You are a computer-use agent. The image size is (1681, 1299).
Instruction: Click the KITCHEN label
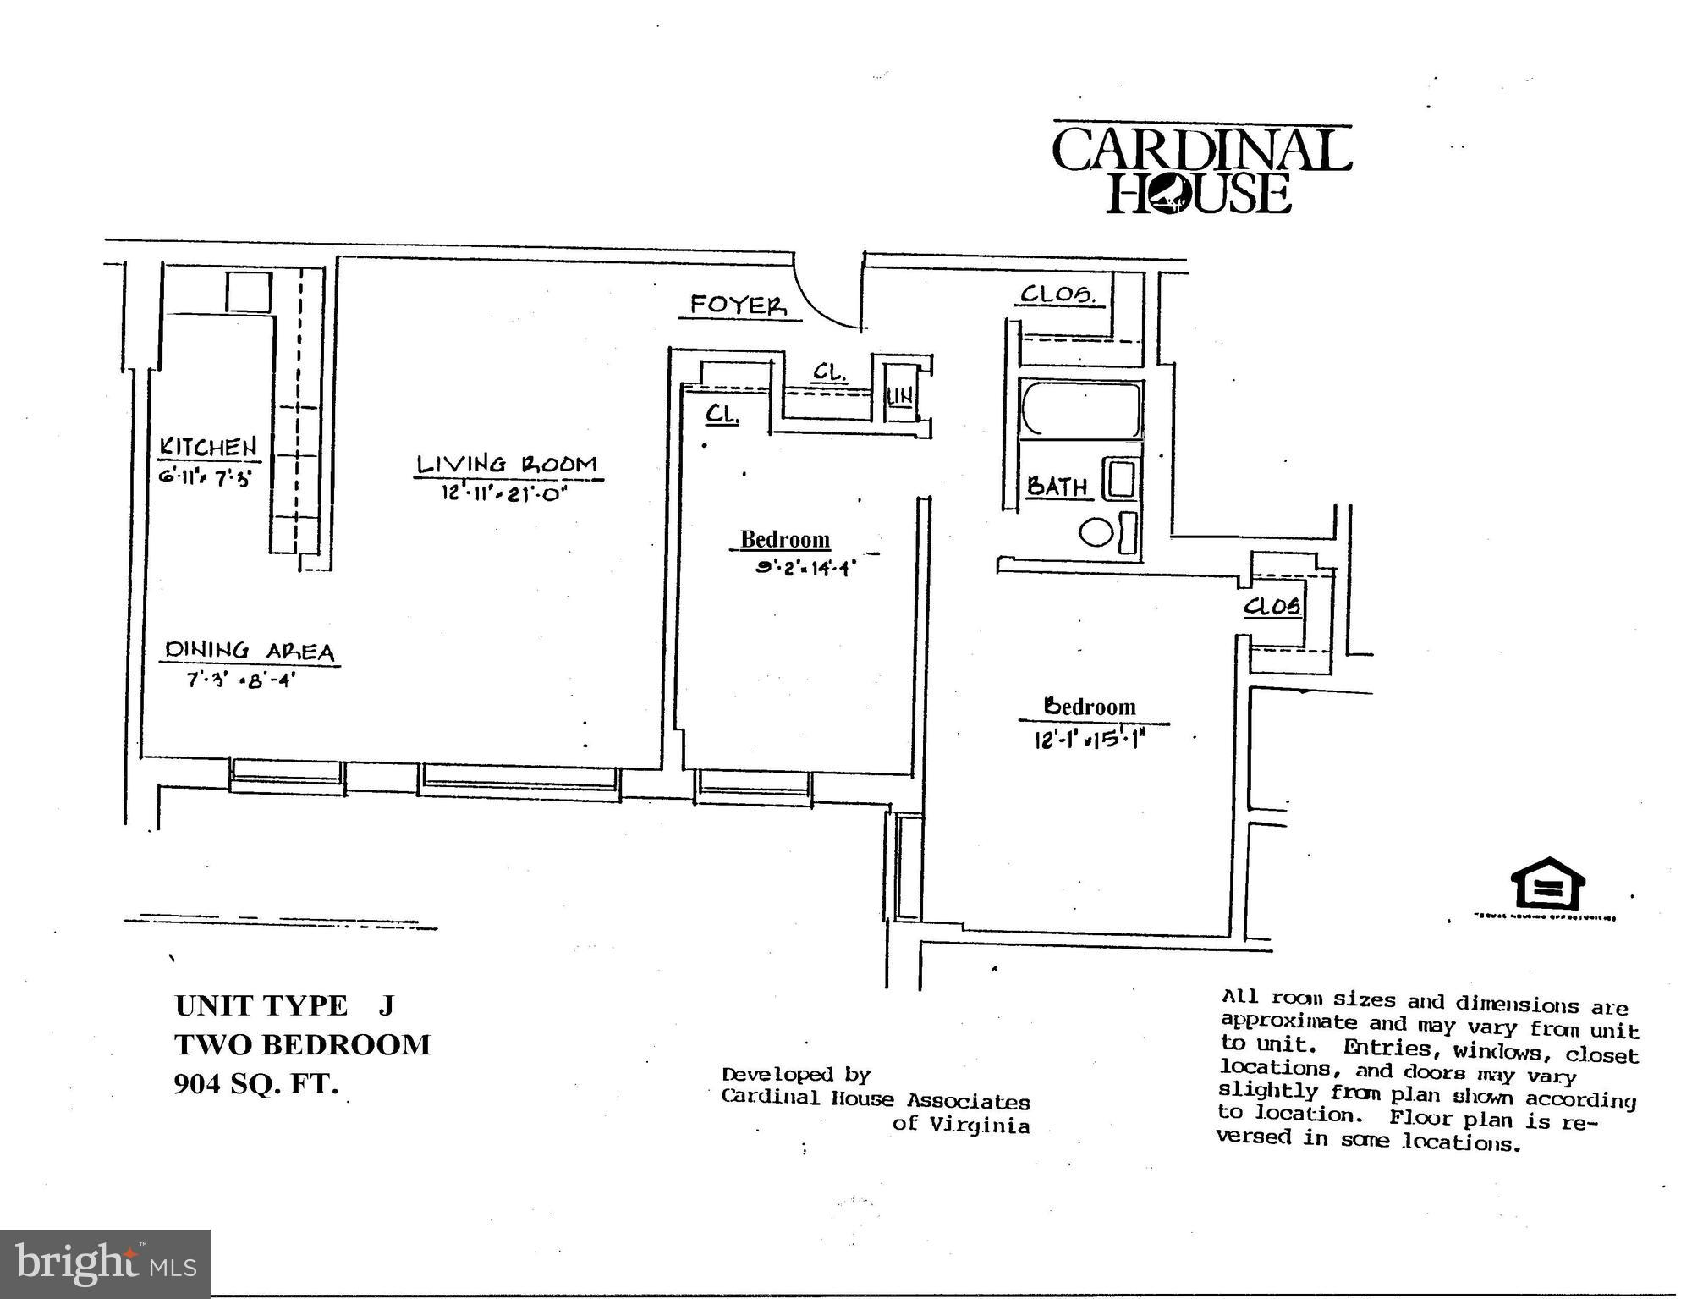[208, 447]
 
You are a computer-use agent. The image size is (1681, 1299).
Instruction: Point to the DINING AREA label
[250, 651]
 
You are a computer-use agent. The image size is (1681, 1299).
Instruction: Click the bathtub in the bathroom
[1080, 409]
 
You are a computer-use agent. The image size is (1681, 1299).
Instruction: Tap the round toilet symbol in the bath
[1096, 533]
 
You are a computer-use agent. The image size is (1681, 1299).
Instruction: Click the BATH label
[1057, 487]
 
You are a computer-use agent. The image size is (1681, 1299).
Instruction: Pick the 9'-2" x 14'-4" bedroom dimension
[805, 568]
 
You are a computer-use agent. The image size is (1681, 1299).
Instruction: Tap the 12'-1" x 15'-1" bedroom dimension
[1089, 739]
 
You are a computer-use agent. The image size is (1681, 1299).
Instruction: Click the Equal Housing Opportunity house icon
[1547, 885]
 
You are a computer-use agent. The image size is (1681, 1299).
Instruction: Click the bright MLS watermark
[105, 1264]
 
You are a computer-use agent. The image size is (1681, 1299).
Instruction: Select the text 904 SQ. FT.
[255, 1084]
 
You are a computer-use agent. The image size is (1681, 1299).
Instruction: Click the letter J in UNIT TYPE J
[386, 1005]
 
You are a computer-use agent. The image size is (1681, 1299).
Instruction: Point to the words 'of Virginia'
[961, 1125]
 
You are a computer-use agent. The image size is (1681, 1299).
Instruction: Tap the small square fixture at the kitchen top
[249, 292]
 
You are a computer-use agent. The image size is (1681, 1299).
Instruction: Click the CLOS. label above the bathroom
[1057, 294]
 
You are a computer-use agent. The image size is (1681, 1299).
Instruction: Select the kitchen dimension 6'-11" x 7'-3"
[206, 478]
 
